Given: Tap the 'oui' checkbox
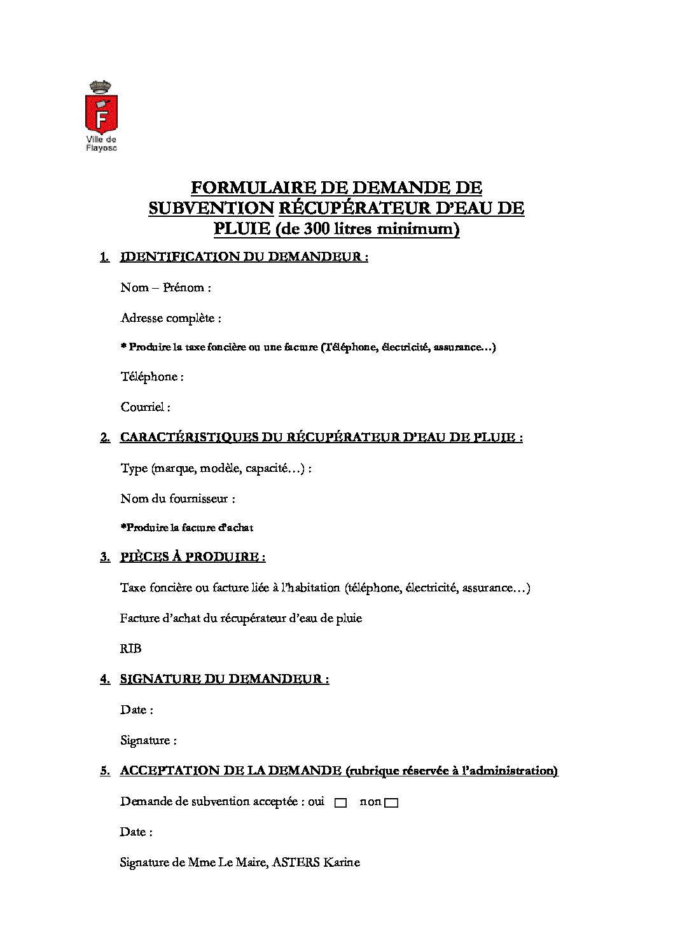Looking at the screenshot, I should [340, 803].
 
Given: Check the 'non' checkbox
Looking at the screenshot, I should [391, 803].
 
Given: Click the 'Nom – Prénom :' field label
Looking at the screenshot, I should [165, 287].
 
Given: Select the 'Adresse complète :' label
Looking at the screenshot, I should [170, 318].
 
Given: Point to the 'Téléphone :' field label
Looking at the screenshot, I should [152, 376].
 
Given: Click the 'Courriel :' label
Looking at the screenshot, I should [145, 407].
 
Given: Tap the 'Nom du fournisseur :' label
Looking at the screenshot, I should [177, 499].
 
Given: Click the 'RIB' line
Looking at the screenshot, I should [130, 649].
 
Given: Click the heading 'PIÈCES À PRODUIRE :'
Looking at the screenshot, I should [192, 557].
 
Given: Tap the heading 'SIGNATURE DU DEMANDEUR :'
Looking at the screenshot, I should [224, 679].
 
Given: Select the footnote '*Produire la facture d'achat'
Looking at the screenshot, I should [186, 528].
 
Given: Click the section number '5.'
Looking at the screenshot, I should [105, 771].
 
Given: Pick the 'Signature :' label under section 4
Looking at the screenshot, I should [148, 740].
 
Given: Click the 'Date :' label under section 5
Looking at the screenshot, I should [136, 832].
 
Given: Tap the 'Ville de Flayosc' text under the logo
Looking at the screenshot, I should [101, 144].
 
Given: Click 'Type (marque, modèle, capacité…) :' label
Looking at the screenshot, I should [216, 469].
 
